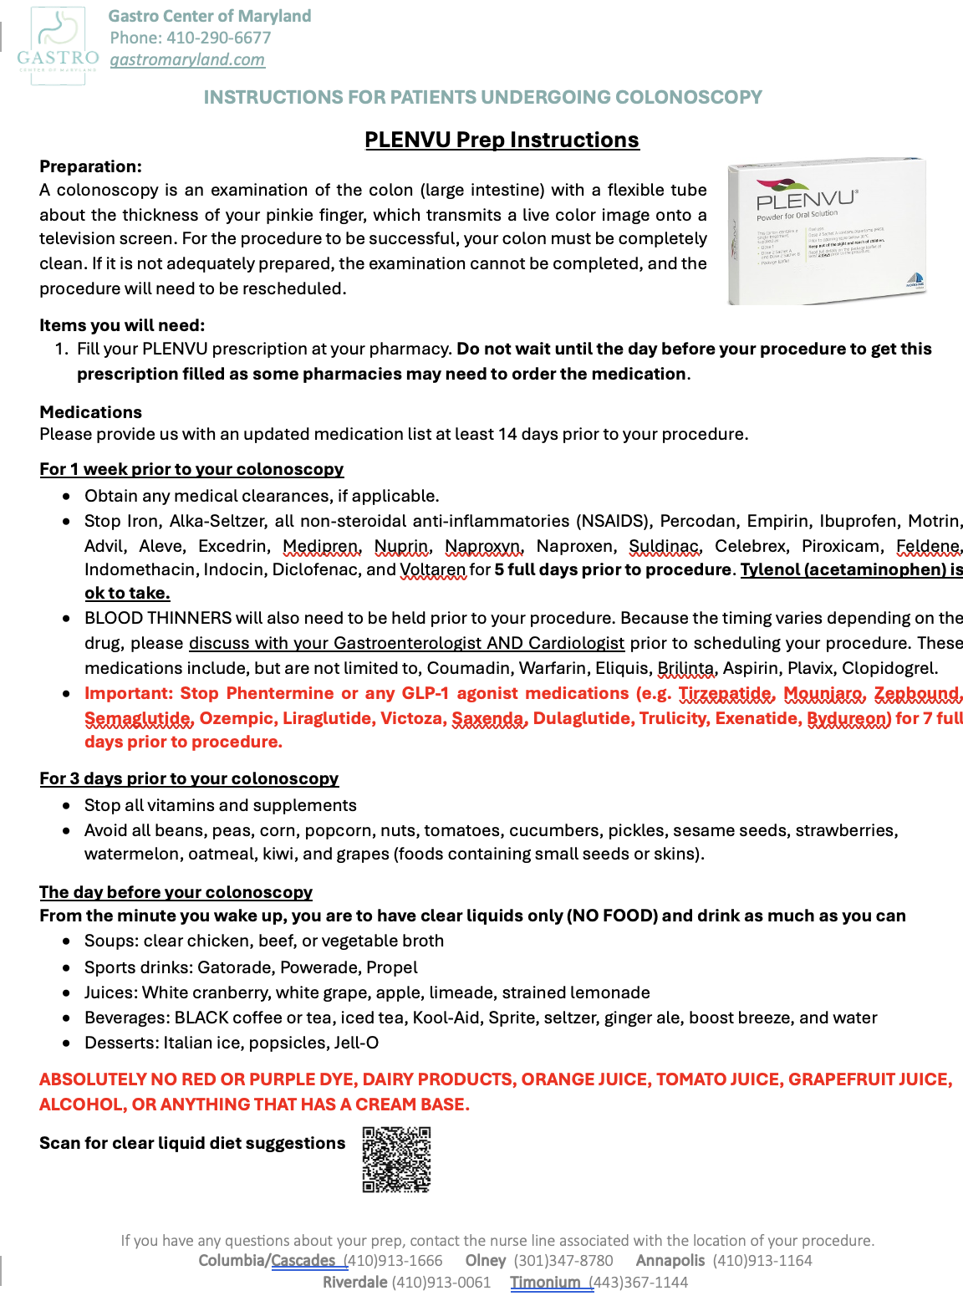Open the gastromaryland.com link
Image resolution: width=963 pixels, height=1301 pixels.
pyautogui.click(x=187, y=59)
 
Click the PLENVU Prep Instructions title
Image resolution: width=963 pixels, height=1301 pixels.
pyautogui.click(x=502, y=140)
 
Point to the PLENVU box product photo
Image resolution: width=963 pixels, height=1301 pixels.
pyautogui.click(x=827, y=231)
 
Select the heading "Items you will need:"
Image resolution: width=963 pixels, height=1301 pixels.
pyautogui.click(x=122, y=325)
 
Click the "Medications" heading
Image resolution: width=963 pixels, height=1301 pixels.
pyautogui.click(x=90, y=412)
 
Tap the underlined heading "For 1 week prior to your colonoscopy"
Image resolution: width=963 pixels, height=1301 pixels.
pyautogui.click(x=191, y=469)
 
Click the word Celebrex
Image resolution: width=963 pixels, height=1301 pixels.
pyautogui.click(x=751, y=546)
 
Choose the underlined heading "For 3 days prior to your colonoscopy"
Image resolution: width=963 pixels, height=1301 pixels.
pyautogui.click(x=189, y=778)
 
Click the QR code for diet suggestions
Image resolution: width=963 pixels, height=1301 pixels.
pyautogui.click(x=397, y=1160)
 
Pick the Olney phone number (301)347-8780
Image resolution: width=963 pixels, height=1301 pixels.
pyautogui.click(x=563, y=1260)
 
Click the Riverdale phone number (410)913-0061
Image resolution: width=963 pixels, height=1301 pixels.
pyautogui.click(x=441, y=1282)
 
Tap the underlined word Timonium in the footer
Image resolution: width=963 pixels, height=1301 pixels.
pyautogui.click(x=545, y=1282)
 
